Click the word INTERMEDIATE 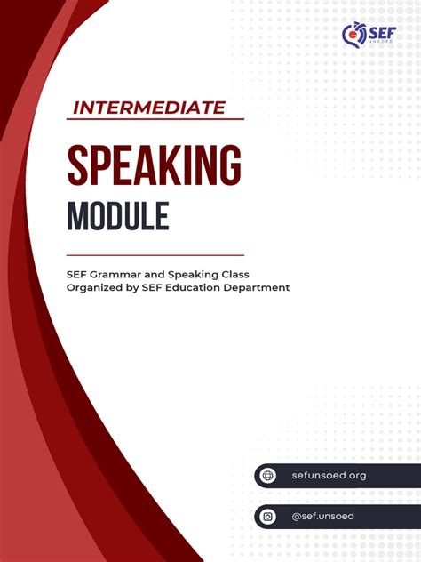coord(148,108)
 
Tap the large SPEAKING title coord(154,165)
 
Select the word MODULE coord(117,215)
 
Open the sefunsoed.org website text coord(329,476)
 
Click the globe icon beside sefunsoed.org coord(269,476)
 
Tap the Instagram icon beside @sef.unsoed coord(269,517)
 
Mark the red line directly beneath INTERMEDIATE coord(155,119)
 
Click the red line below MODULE coord(155,254)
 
